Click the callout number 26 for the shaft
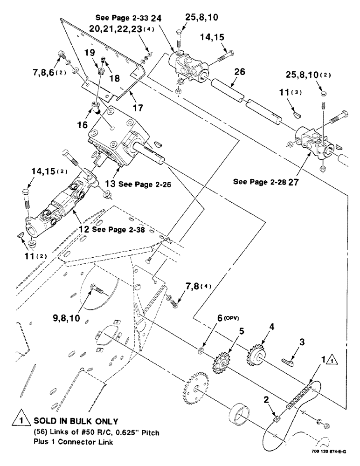click(239, 73)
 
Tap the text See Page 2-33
click(122, 18)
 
